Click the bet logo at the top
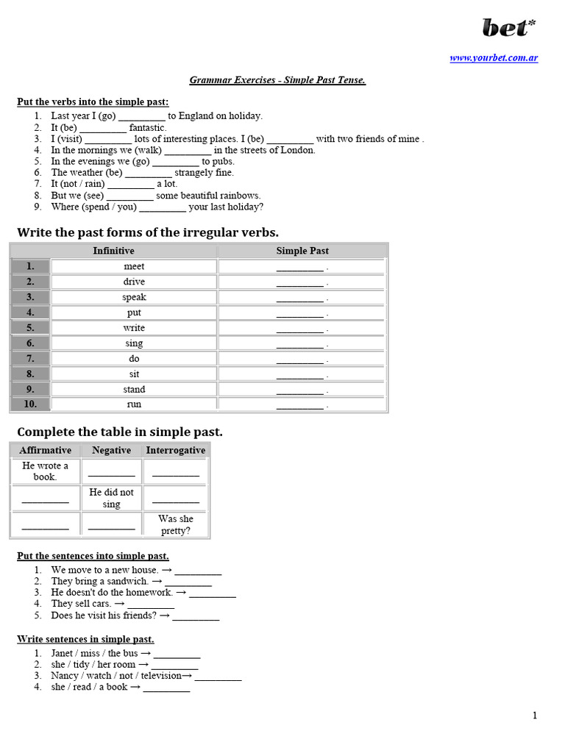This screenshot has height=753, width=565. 508,27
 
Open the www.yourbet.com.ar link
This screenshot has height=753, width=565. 494,58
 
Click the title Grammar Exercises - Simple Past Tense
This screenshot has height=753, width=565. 277,79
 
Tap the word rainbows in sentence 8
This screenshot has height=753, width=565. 236,196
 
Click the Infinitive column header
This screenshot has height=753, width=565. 113,251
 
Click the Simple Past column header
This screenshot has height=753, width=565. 302,251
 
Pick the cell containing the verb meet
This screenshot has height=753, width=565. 134,266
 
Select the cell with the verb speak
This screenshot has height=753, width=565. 134,297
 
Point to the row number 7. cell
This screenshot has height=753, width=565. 30,358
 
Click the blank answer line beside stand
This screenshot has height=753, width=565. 299,390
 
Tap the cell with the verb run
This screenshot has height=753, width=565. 134,404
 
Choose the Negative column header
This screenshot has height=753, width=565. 111,450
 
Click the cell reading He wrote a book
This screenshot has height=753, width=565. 45,471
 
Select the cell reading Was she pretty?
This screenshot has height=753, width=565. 176,524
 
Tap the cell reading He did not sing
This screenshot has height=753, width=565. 111,498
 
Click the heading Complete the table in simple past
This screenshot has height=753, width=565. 119,432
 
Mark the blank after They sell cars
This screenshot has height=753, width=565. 151,604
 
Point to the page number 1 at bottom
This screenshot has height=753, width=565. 535,715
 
